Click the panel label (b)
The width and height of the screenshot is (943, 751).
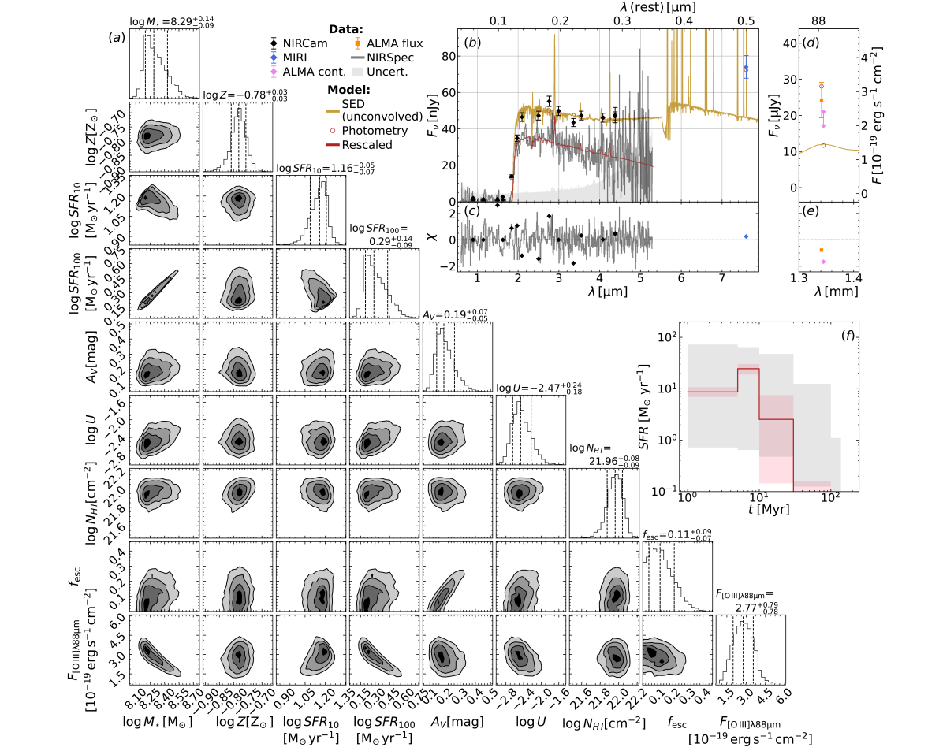(x=473, y=43)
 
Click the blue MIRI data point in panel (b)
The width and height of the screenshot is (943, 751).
(x=746, y=68)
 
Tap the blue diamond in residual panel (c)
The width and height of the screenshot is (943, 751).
(x=746, y=236)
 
